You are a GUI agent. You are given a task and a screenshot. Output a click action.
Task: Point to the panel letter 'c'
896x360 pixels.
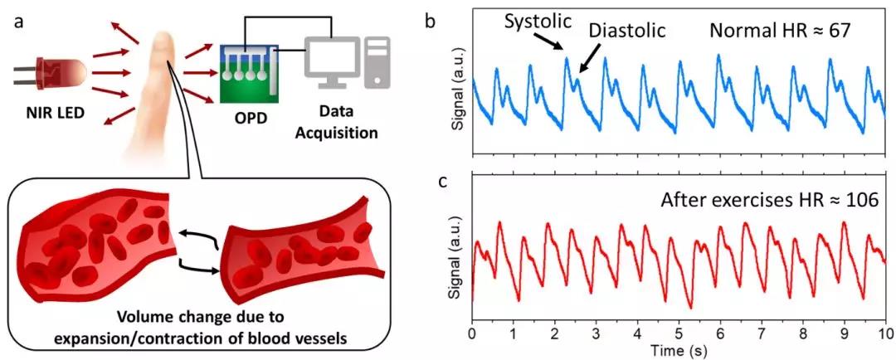(x=430, y=181)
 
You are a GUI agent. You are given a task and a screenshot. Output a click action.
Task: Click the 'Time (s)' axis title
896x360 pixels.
(x=678, y=351)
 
